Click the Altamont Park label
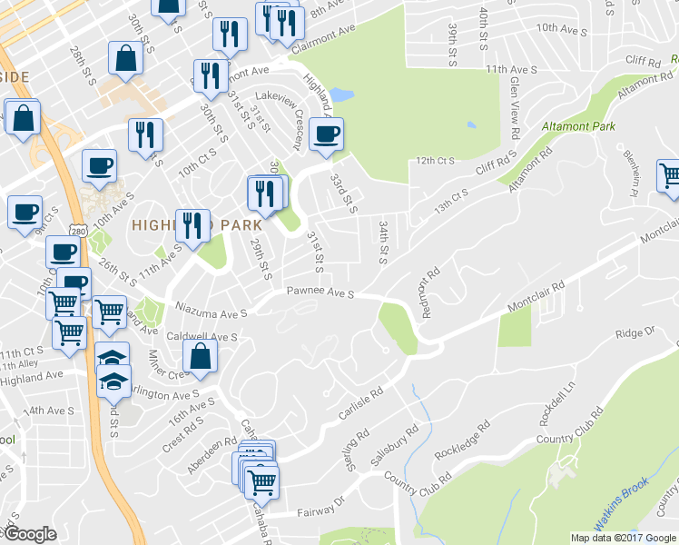pos(579,125)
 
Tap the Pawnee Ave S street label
pos(320,292)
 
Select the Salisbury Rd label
pos(393,446)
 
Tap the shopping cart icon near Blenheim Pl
pos(669,174)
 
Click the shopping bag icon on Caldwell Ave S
pos(201,355)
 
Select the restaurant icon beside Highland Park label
pos(192,223)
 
